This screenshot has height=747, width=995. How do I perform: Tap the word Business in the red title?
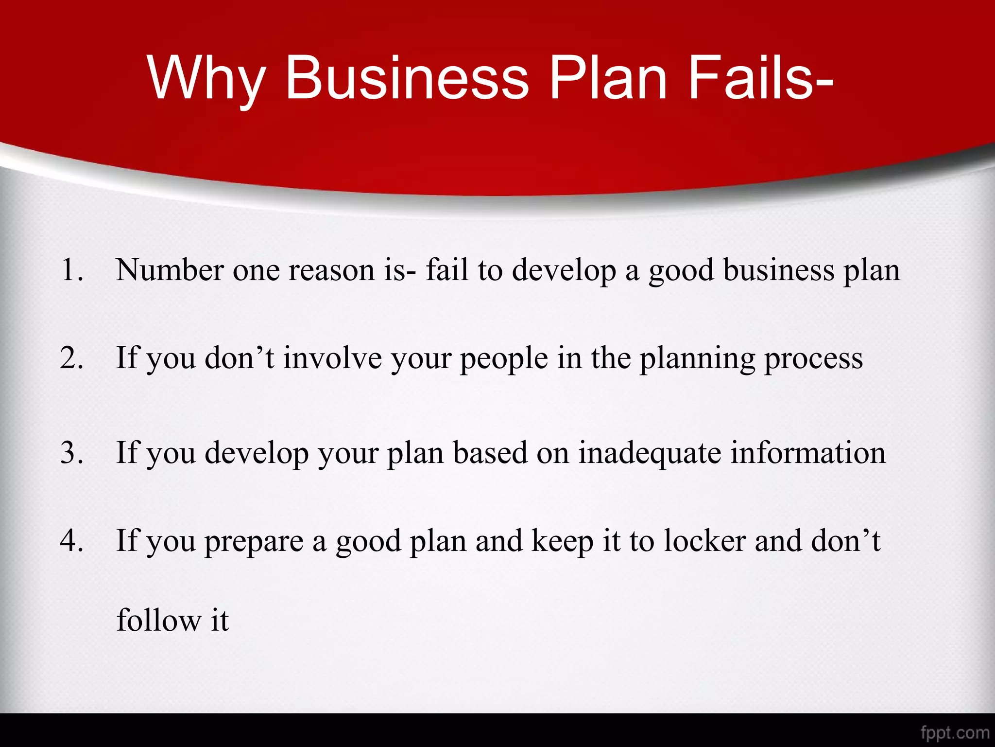pyautogui.click(x=407, y=78)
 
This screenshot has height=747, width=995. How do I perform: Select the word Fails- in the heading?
pyautogui.click(x=760, y=78)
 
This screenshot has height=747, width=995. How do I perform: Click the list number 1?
pyautogui.click(x=71, y=270)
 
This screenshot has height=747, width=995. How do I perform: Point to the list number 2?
pyautogui.click(x=71, y=358)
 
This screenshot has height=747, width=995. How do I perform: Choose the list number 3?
pyautogui.click(x=71, y=453)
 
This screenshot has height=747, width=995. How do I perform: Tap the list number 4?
pyautogui.click(x=71, y=541)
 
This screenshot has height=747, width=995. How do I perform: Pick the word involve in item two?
pyautogui.click(x=332, y=358)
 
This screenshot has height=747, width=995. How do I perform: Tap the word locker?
pyautogui.click(x=704, y=541)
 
